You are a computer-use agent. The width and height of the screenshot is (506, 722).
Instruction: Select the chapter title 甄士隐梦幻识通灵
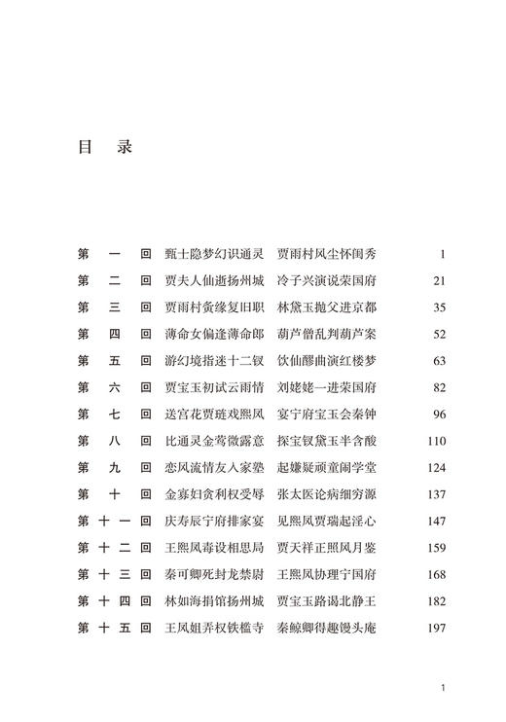214,254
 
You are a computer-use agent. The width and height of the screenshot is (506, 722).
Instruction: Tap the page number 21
438,280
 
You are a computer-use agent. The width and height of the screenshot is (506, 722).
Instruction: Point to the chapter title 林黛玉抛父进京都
326,307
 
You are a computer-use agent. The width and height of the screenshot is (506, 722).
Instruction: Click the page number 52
438,334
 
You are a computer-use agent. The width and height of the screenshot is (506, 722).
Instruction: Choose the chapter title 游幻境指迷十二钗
214,361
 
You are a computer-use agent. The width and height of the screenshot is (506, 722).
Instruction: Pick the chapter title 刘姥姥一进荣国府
326,387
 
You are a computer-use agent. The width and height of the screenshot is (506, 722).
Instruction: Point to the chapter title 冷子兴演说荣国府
326,280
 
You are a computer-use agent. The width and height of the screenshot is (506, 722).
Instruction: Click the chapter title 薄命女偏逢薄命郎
214,334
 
